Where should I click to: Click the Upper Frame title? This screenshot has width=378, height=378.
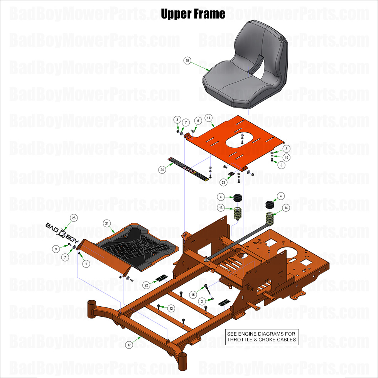[193, 14]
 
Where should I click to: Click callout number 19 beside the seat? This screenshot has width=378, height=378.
[187, 61]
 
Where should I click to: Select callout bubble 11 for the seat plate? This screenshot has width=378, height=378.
[208, 117]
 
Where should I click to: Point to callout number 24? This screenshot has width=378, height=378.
[162, 169]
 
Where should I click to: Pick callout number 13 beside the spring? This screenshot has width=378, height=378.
[221, 208]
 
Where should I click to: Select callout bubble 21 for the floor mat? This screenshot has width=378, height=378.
[107, 223]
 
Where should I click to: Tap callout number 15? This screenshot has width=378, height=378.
[193, 295]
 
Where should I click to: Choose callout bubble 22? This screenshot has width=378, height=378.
[146, 285]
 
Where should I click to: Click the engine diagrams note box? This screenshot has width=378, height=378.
[262, 337]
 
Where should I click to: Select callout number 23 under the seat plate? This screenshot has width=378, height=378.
[223, 182]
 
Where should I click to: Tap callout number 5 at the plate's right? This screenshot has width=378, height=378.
[281, 165]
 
